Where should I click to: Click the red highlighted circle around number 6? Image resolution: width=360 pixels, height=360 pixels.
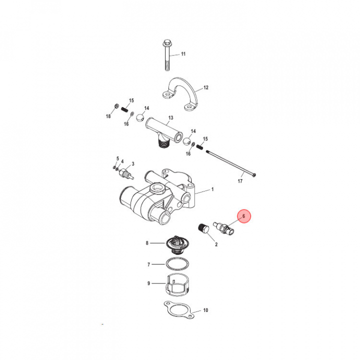click(244, 216)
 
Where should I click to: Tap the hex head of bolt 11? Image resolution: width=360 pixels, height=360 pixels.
click(167, 42)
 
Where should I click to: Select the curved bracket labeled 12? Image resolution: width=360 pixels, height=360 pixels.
click(180, 93)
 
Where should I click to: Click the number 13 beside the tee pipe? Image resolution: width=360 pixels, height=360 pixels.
click(170, 118)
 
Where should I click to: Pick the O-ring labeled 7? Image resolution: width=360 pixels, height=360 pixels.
click(177, 264)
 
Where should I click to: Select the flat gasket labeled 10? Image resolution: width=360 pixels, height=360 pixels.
click(179, 310)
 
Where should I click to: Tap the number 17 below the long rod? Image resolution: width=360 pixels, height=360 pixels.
click(240, 181)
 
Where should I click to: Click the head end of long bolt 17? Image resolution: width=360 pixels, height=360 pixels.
click(253, 175)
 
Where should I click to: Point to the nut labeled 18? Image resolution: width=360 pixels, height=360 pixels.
click(116, 106)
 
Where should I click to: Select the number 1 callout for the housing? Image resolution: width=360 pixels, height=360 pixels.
click(212, 189)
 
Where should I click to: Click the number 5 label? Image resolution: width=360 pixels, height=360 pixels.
click(118, 158)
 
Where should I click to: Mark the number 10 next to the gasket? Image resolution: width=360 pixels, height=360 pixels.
click(205, 310)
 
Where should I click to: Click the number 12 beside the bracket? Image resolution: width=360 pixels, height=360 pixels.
click(206, 87)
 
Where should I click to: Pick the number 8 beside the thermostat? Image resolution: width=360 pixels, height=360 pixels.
click(147, 243)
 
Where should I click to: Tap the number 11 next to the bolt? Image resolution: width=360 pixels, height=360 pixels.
click(183, 54)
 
